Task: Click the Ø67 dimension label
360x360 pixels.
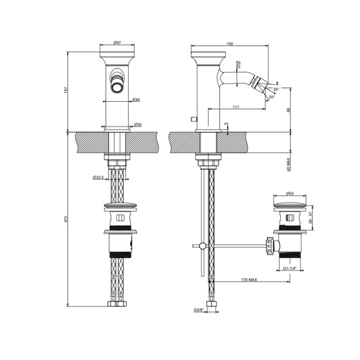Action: (x=117, y=42)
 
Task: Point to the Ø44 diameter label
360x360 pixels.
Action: (x=136, y=100)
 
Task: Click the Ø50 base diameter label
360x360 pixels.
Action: (x=138, y=125)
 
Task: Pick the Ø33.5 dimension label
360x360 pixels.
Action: (x=98, y=177)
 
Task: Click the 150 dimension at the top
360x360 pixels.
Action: (x=230, y=44)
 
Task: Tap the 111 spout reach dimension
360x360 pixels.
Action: (x=236, y=107)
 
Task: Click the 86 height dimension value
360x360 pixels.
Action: (x=289, y=110)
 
